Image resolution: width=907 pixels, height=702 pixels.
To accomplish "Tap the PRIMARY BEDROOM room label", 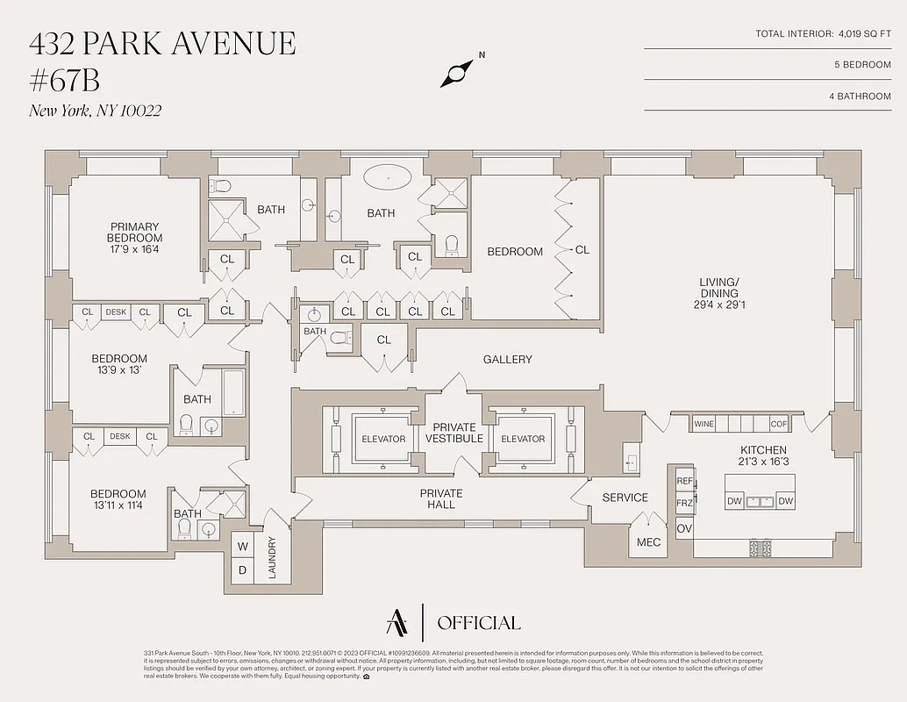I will click(x=134, y=232).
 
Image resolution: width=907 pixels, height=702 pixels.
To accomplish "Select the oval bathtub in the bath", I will click(x=387, y=175).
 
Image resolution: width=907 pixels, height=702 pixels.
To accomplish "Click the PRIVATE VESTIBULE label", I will click(x=454, y=433).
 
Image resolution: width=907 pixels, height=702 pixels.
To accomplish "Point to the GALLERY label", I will click(x=507, y=360).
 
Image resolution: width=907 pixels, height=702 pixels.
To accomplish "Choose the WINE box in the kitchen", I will click(x=703, y=424).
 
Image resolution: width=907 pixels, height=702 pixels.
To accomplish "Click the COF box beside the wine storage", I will click(x=778, y=424).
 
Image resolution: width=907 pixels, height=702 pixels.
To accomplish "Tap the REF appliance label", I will click(x=684, y=482).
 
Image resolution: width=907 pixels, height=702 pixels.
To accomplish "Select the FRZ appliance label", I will click(x=684, y=504).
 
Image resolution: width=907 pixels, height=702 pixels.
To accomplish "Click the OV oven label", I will click(x=684, y=528).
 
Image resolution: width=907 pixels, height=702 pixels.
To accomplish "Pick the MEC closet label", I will click(x=648, y=542).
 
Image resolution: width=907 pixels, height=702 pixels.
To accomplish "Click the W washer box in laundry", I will click(x=242, y=547).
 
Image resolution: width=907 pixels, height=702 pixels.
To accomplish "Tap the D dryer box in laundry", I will click(x=242, y=569).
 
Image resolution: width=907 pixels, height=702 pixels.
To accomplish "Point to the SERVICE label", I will click(x=625, y=498).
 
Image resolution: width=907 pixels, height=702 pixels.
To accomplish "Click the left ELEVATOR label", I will click(x=383, y=439).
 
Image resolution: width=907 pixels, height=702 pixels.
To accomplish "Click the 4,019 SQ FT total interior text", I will click(x=864, y=34).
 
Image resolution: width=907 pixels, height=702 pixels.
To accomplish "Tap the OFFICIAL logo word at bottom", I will click(x=478, y=623).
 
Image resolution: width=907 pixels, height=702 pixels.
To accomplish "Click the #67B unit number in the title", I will click(x=65, y=80).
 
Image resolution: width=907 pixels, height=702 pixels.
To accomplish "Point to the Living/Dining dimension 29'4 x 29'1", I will click(x=718, y=305).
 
